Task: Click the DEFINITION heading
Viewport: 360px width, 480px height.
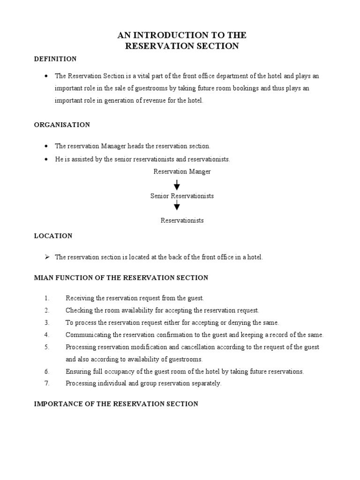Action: point(55,59)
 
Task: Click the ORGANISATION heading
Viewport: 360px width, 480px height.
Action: point(62,125)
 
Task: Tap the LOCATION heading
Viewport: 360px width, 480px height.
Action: point(53,236)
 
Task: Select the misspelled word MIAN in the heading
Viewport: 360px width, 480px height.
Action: point(43,278)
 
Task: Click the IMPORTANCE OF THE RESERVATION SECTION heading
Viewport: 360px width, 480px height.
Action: point(116,404)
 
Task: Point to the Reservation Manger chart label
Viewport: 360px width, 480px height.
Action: point(182,172)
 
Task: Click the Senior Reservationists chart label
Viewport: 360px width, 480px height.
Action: point(182,196)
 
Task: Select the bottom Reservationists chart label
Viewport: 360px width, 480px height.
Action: point(182,220)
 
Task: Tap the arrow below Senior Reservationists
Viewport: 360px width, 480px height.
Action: point(177,205)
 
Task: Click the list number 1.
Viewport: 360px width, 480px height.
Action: point(47,298)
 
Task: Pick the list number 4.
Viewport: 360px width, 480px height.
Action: point(47,335)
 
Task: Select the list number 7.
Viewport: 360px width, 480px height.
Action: point(47,383)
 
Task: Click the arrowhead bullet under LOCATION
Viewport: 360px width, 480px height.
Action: point(47,257)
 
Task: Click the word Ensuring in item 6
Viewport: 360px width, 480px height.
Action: point(78,371)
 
